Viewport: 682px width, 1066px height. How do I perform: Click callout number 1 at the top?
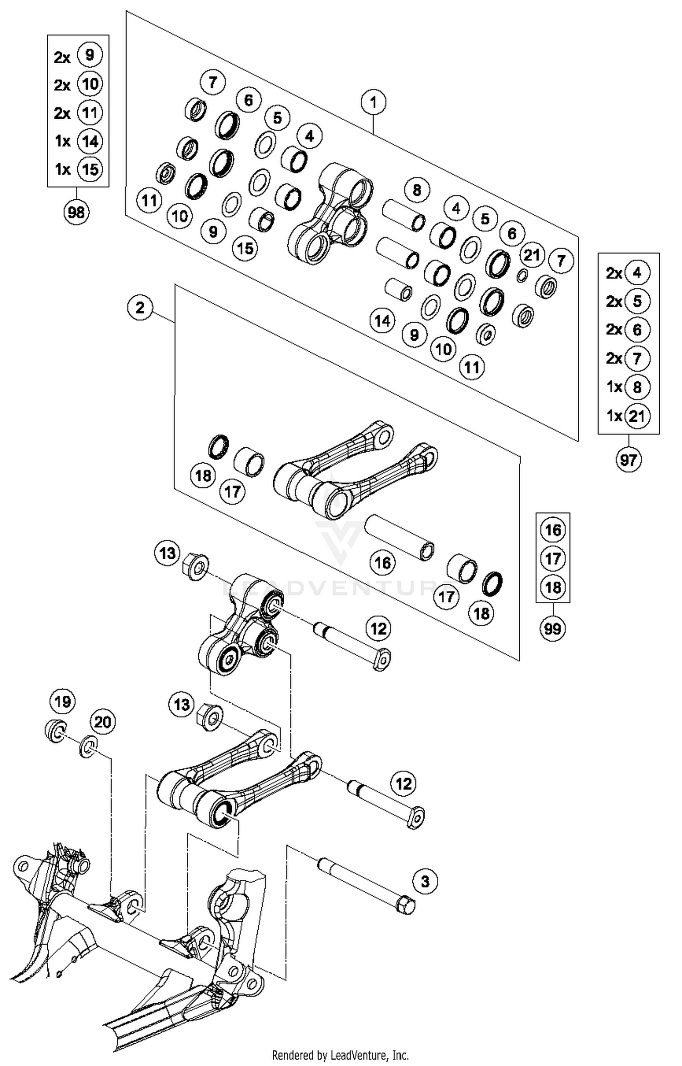(373, 102)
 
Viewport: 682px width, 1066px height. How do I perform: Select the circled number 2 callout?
(140, 308)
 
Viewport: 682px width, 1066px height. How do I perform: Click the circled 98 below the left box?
(76, 212)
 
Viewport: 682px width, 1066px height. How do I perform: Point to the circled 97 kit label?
(628, 460)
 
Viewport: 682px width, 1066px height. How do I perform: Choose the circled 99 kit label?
(552, 629)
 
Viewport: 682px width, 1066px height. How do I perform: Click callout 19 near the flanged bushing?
(62, 701)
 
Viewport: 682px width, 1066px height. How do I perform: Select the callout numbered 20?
(102, 722)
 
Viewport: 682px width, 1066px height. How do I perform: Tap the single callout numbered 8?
(416, 190)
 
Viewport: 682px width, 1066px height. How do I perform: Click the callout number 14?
(382, 321)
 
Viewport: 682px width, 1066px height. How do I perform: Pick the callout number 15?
(245, 248)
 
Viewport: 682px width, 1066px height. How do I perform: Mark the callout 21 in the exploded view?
(532, 255)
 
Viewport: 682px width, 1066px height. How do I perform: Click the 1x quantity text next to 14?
(63, 141)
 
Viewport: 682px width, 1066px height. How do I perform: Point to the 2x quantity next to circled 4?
(614, 273)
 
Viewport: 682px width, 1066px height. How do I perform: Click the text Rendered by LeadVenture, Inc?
(340, 1055)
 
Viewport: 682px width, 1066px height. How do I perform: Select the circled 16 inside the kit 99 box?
(552, 530)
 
